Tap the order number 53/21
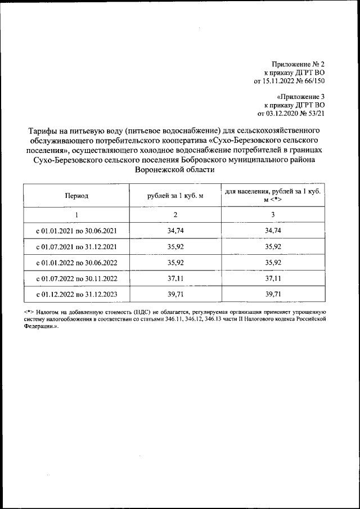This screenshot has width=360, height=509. point(316,113)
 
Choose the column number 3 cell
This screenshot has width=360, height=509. point(272,215)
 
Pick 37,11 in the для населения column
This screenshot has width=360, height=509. point(272,278)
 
